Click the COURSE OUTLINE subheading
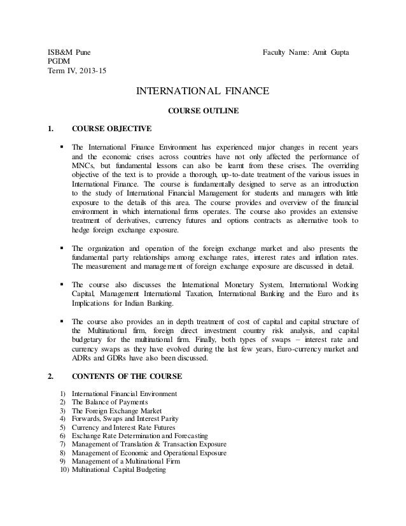(203, 111)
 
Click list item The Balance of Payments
(110, 402)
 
